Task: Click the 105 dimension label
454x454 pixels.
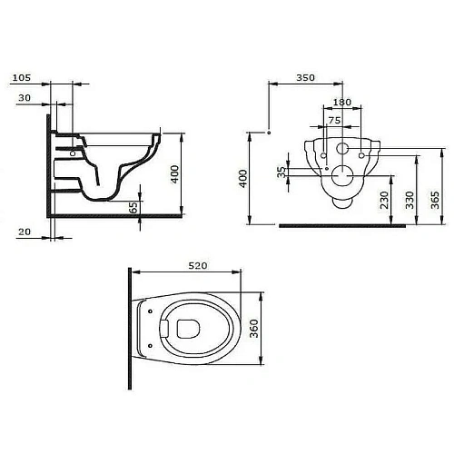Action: (22, 78)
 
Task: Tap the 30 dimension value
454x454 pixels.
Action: (25, 98)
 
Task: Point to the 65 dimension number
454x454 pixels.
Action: (133, 208)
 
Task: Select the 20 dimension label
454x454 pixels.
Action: (25, 232)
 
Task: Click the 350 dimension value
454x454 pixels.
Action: (306, 78)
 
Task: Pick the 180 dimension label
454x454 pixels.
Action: (342, 103)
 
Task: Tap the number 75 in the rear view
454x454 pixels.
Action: (334, 121)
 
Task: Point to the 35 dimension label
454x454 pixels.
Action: (281, 172)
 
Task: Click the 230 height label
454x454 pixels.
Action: (384, 200)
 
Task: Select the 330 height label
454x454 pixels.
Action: (410, 200)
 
